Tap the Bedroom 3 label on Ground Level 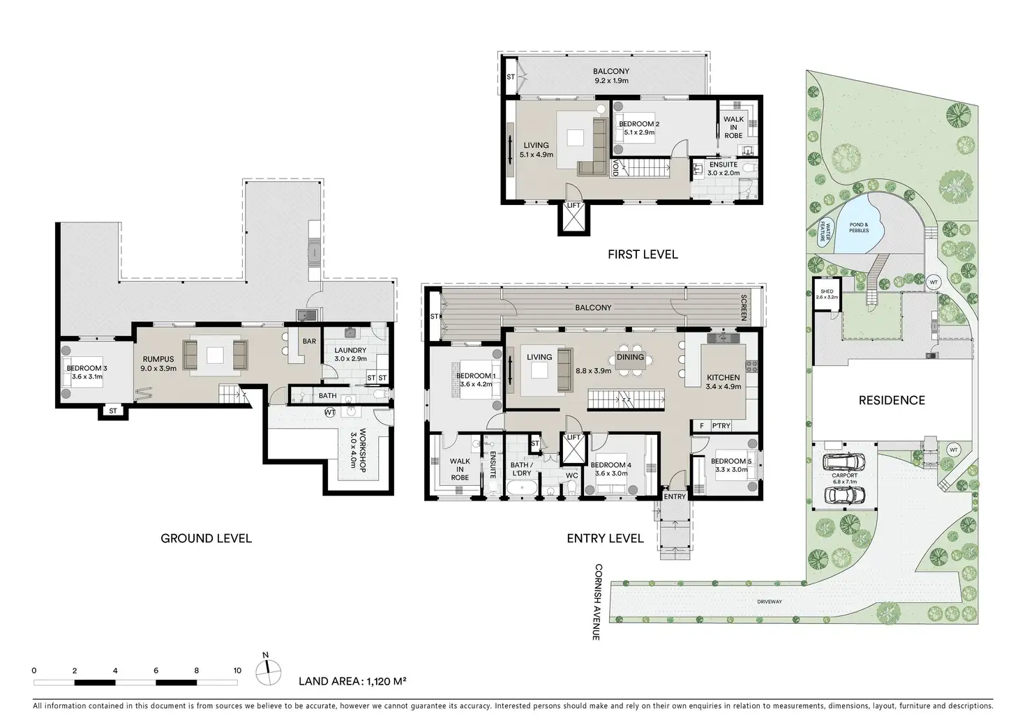click(87, 368)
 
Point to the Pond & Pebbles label click(859, 228)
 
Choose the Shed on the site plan click(827, 294)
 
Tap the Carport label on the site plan click(844, 475)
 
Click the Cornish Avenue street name click(598, 602)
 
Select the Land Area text click(352, 681)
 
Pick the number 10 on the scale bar click(237, 671)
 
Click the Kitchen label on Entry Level click(723, 377)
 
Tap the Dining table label click(630, 357)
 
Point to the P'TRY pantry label click(721, 425)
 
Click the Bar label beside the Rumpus click(309, 341)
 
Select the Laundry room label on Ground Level click(350, 351)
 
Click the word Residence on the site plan click(892, 400)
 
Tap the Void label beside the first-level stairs click(615, 167)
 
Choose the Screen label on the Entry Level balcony click(744, 307)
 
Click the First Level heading click(643, 254)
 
